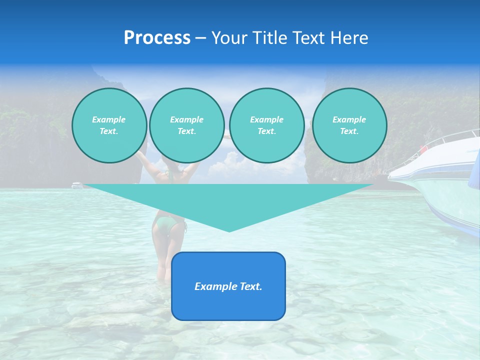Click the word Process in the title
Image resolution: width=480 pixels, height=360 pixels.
coord(157,38)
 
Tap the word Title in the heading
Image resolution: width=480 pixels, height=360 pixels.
coord(269,38)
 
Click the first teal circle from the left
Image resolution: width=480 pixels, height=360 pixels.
coord(109,125)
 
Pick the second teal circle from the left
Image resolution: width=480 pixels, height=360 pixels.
coord(186,125)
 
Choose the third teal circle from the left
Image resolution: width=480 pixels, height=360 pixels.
coord(266,125)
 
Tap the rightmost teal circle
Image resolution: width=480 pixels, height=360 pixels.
coord(349,125)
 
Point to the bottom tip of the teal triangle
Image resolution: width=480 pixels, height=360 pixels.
coord(229,230)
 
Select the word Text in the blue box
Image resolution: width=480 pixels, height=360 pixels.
coord(251,286)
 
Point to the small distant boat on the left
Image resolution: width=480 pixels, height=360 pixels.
coord(77,185)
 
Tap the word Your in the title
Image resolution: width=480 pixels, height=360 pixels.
coord(229,38)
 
